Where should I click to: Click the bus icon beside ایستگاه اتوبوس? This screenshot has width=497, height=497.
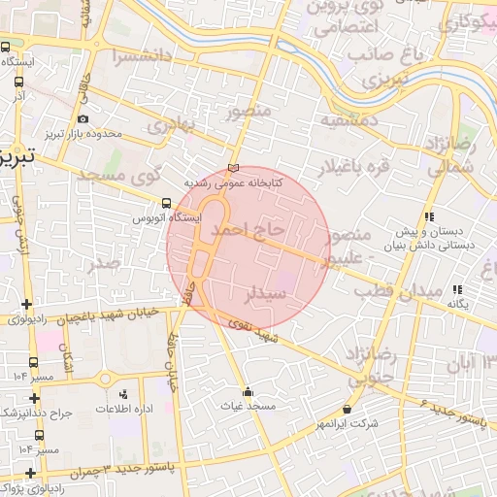tap(167, 204)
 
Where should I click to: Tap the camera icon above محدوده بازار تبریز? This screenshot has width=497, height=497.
tap(83, 119)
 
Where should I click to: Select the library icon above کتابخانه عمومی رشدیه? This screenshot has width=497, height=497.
tap(232, 167)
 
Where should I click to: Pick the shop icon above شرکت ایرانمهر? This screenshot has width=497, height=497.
tap(348, 411)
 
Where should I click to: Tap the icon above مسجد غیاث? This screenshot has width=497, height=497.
tap(248, 392)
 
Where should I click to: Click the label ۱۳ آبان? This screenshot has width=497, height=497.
tap(470, 363)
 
